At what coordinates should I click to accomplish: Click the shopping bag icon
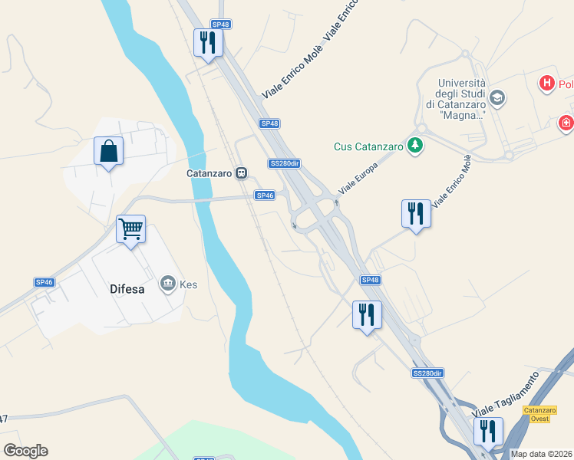coord(109,150)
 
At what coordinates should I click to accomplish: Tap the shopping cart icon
coord(130,228)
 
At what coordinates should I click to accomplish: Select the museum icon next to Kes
coord(167,285)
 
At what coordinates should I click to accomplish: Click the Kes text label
coord(189,285)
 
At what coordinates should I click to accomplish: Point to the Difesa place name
coord(123,291)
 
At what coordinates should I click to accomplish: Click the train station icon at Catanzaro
coord(242,173)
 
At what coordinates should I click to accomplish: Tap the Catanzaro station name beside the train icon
coord(209,173)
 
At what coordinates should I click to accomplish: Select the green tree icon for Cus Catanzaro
coord(415,146)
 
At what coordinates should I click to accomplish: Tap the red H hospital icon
coord(546,83)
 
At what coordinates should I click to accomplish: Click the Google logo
coord(25,451)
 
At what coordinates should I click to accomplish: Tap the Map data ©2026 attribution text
coord(542,454)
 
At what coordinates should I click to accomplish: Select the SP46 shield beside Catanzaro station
coord(265,195)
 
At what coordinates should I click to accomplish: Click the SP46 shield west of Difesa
coord(45,282)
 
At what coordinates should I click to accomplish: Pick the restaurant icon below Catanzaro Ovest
coord(487,432)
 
